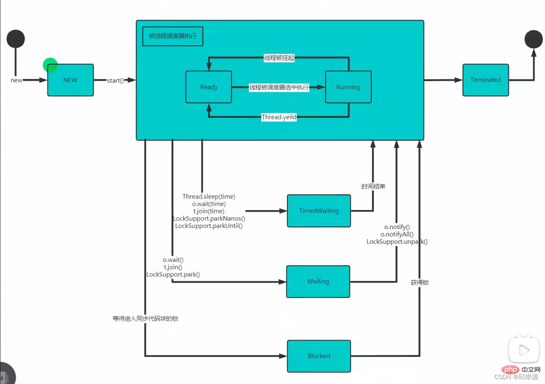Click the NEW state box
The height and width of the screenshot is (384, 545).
(x=70, y=80)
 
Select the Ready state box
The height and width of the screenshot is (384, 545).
(x=209, y=87)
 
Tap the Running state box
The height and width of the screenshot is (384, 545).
(x=348, y=87)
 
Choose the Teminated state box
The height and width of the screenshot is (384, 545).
(x=485, y=80)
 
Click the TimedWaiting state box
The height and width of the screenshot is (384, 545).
(x=319, y=211)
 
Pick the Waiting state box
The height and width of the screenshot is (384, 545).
(x=318, y=281)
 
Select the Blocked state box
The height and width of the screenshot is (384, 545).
(x=319, y=356)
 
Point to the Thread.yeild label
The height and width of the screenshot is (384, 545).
(x=279, y=117)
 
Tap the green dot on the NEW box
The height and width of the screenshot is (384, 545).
(x=50, y=65)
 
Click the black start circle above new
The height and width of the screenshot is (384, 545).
(x=15, y=39)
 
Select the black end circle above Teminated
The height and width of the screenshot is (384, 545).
(x=534, y=39)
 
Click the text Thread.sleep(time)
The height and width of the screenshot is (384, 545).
(x=209, y=197)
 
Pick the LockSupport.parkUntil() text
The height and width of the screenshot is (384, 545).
(x=209, y=226)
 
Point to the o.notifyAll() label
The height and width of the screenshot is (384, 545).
(x=397, y=234)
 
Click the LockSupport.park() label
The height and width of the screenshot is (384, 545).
(x=173, y=274)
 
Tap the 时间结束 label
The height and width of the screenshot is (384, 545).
(x=373, y=186)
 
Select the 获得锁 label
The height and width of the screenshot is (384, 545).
(x=420, y=283)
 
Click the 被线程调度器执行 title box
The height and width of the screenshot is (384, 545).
(x=173, y=36)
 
